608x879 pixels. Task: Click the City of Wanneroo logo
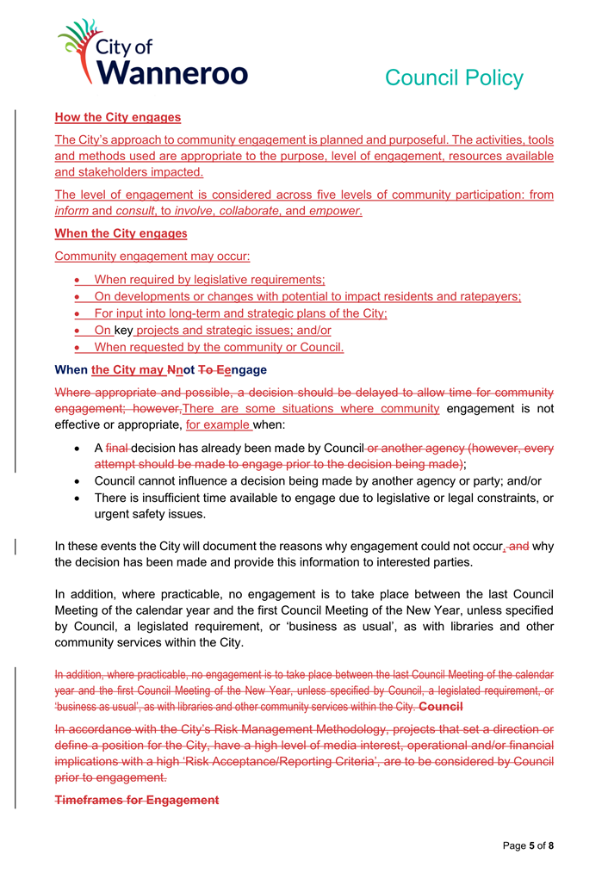[152, 53]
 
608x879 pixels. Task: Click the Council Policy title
[453, 77]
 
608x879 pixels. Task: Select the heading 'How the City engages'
[117, 117]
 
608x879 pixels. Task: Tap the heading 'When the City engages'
[121, 233]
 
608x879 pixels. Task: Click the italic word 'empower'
[335, 211]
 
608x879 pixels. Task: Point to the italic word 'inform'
[71, 211]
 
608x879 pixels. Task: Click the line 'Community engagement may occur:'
[152, 256]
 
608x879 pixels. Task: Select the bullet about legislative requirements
[208, 279]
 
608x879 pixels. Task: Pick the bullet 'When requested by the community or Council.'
[218, 347]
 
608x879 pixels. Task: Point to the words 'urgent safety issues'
[151, 514]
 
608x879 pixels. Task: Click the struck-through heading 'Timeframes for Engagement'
[137, 800]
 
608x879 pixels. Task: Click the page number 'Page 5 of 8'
[528, 845]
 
